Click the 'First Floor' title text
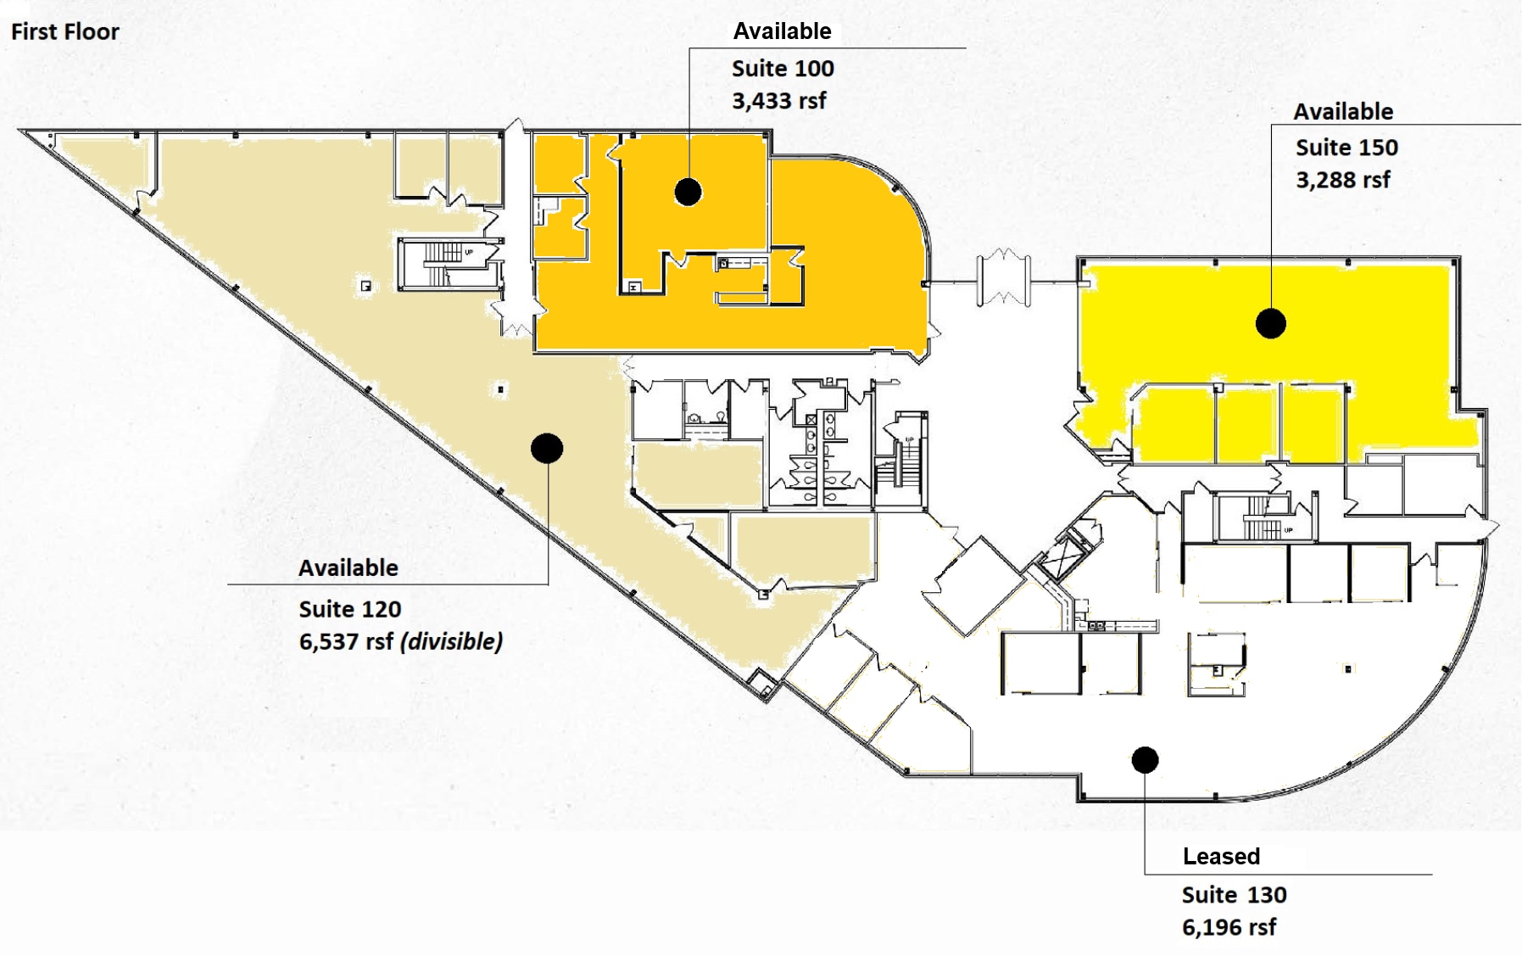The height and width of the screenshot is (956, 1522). pyautogui.click(x=64, y=32)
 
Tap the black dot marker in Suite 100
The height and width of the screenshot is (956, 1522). pyautogui.click(x=688, y=192)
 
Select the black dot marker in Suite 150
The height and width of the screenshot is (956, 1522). pyautogui.click(x=1270, y=323)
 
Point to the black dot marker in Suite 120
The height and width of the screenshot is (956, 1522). pyautogui.click(x=547, y=448)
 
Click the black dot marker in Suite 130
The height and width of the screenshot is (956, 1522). pyautogui.click(x=1145, y=759)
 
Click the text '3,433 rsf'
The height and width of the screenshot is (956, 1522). pyautogui.click(x=778, y=101)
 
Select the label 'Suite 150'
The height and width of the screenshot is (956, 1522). pyautogui.click(x=1346, y=148)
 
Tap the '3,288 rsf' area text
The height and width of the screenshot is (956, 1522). pyautogui.click(x=1342, y=180)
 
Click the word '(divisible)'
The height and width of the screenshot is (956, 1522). pyautogui.click(x=451, y=641)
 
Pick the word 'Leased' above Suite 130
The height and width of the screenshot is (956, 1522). pyautogui.click(x=1221, y=856)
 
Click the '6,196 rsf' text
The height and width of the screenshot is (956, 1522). pyautogui.click(x=1229, y=927)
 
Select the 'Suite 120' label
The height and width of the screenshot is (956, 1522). pyautogui.click(x=349, y=609)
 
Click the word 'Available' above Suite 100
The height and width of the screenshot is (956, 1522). pyautogui.click(x=782, y=31)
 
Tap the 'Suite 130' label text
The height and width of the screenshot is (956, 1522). pyautogui.click(x=1234, y=895)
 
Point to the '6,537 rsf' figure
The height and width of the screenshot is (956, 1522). pyautogui.click(x=346, y=641)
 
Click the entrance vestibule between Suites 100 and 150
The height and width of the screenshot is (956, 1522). pyautogui.click(x=1003, y=277)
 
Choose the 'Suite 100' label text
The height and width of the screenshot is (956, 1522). pyautogui.click(x=783, y=69)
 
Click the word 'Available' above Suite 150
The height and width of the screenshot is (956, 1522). pyautogui.click(x=1342, y=112)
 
